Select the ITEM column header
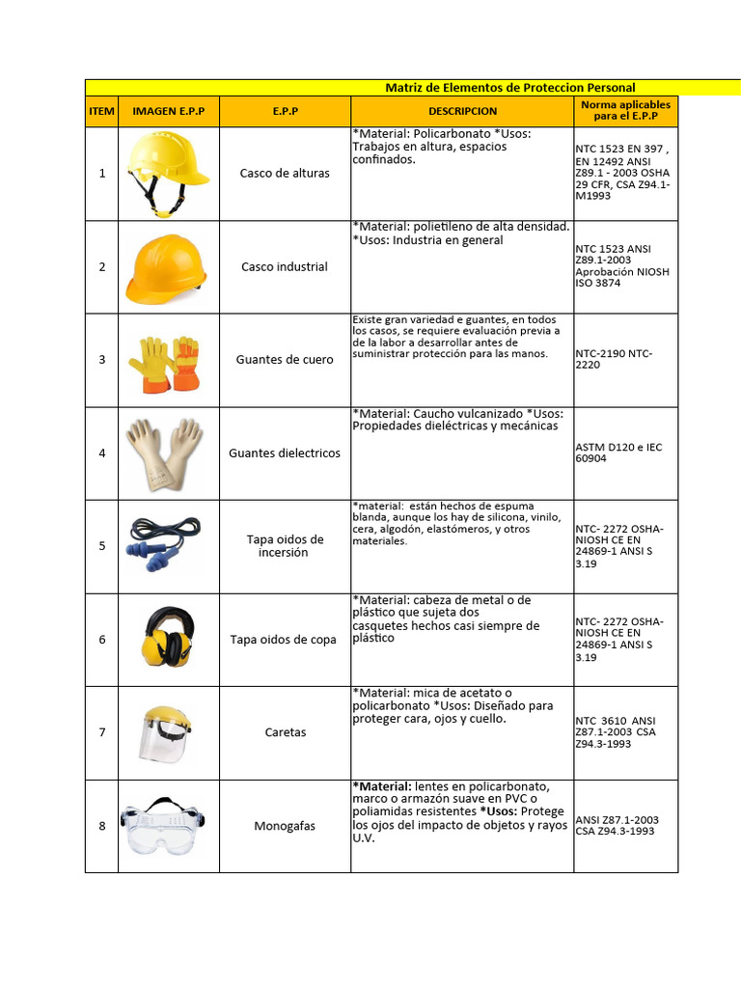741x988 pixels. (x=101, y=111)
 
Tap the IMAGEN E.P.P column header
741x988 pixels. (x=169, y=111)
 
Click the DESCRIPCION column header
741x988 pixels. (x=462, y=111)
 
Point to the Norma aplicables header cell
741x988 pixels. (x=625, y=110)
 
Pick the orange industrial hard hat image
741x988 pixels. (x=166, y=266)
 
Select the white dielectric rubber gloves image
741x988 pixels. (x=165, y=453)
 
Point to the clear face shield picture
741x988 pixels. (x=168, y=731)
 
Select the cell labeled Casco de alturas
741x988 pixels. (x=285, y=174)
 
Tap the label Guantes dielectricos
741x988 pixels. (x=285, y=453)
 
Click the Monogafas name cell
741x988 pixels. (x=285, y=826)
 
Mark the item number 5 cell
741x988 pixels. (x=101, y=546)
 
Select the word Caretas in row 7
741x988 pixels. (x=285, y=732)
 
